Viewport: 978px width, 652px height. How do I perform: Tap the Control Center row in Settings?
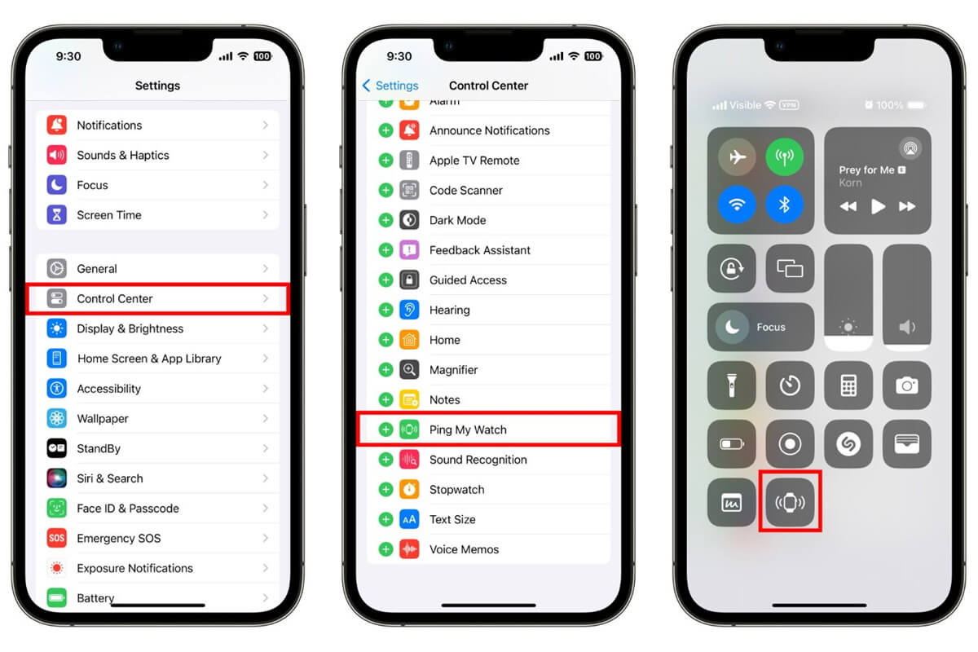click(x=157, y=299)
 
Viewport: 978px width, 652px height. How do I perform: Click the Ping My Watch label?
click(x=468, y=430)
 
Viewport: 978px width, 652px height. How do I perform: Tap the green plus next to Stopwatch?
click(x=385, y=490)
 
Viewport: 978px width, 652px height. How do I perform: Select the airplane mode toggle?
click(x=737, y=158)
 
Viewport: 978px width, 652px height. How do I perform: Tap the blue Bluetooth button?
click(x=784, y=205)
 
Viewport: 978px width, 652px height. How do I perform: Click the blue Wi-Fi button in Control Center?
click(x=737, y=205)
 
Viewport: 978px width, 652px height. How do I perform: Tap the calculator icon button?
click(x=848, y=385)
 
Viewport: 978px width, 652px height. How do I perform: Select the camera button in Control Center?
click(x=907, y=385)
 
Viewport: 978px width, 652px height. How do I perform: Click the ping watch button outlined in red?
click(x=789, y=502)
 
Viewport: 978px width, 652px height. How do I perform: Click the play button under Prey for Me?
click(x=878, y=207)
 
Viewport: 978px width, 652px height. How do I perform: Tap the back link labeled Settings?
click(x=390, y=86)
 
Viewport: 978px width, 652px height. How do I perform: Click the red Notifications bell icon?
click(x=57, y=126)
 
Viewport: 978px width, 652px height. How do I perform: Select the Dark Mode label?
click(x=457, y=220)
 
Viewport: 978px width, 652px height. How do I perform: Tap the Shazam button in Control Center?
click(x=848, y=443)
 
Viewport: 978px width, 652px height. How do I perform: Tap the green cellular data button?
click(x=784, y=158)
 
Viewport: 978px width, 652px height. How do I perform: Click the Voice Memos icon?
click(x=409, y=549)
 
